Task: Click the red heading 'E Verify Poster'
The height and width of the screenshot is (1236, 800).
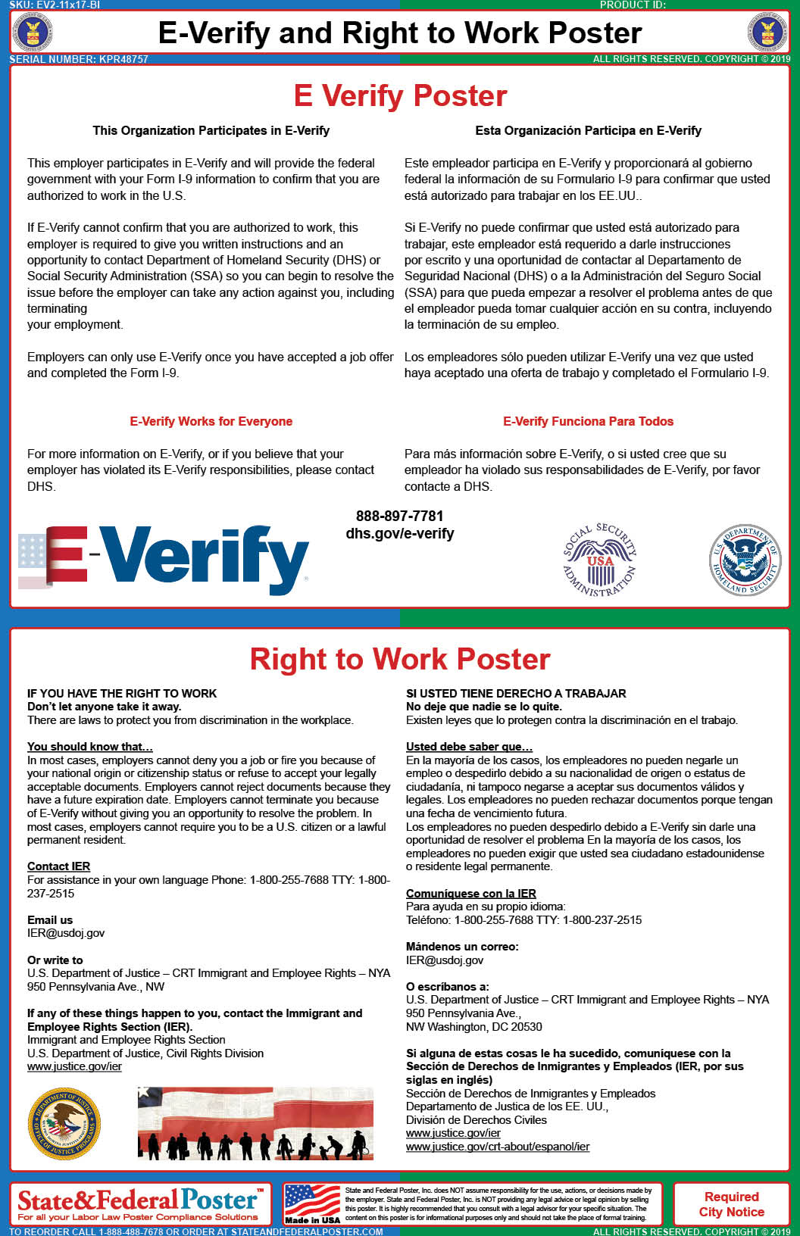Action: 400,96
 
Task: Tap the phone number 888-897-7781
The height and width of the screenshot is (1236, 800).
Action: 399,517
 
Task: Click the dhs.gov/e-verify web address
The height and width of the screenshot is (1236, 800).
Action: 400,534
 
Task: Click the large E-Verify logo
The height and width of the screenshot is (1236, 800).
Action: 164,559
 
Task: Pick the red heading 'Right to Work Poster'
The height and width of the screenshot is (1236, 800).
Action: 400,660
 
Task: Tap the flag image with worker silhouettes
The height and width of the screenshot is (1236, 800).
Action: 255,1124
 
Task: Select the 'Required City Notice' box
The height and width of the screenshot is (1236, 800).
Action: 731,1204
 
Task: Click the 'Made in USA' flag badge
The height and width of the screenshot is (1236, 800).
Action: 312,1204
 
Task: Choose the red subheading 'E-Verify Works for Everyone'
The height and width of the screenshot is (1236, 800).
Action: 211,422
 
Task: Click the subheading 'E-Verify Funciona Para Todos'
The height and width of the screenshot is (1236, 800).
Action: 588,422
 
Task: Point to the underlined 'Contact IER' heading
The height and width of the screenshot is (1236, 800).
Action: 58,866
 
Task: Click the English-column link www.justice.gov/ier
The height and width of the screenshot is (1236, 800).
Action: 74,1066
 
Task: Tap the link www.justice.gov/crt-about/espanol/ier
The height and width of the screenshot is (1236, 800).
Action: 498,1147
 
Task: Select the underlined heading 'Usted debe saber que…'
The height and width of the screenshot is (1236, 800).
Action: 469,747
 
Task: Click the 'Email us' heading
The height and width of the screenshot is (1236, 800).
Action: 50,920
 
